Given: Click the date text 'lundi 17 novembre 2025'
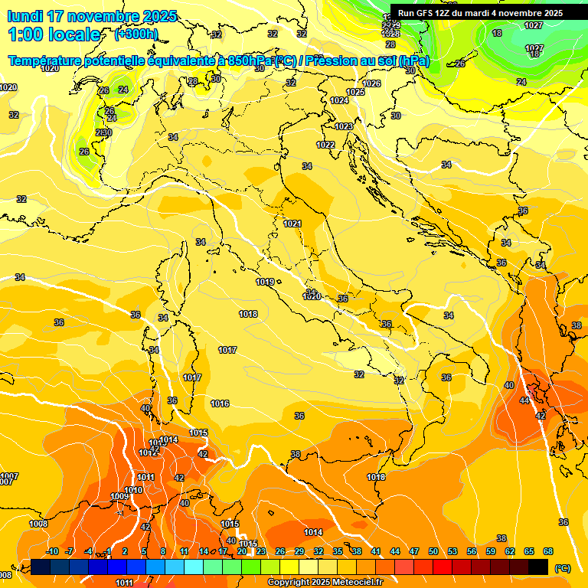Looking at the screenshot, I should click(92, 16).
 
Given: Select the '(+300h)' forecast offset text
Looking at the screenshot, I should click(136, 34).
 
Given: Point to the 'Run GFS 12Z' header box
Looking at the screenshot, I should click(480, 13).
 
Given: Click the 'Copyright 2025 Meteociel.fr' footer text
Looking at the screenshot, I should click(325, 582).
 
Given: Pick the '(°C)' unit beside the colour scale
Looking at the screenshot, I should click(562, 568).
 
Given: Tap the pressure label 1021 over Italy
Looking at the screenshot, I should click(292, 224).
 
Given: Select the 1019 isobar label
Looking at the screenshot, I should click(265, 283).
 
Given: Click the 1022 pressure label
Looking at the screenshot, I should click(326, 145).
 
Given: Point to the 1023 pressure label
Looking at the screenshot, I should click(344, 126).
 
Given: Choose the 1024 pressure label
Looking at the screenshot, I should click(339, 100).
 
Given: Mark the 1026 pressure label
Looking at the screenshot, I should click(371, 83).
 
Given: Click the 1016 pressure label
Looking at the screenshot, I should click(220, 403).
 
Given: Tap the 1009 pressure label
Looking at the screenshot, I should click(119, 497).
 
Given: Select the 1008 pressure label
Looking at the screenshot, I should click(38, 524).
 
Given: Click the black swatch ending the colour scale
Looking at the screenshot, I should click(538, 566).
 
